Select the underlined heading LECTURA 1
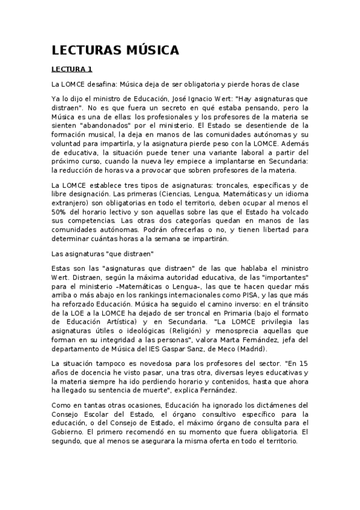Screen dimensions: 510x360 (x=72, y=70)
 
